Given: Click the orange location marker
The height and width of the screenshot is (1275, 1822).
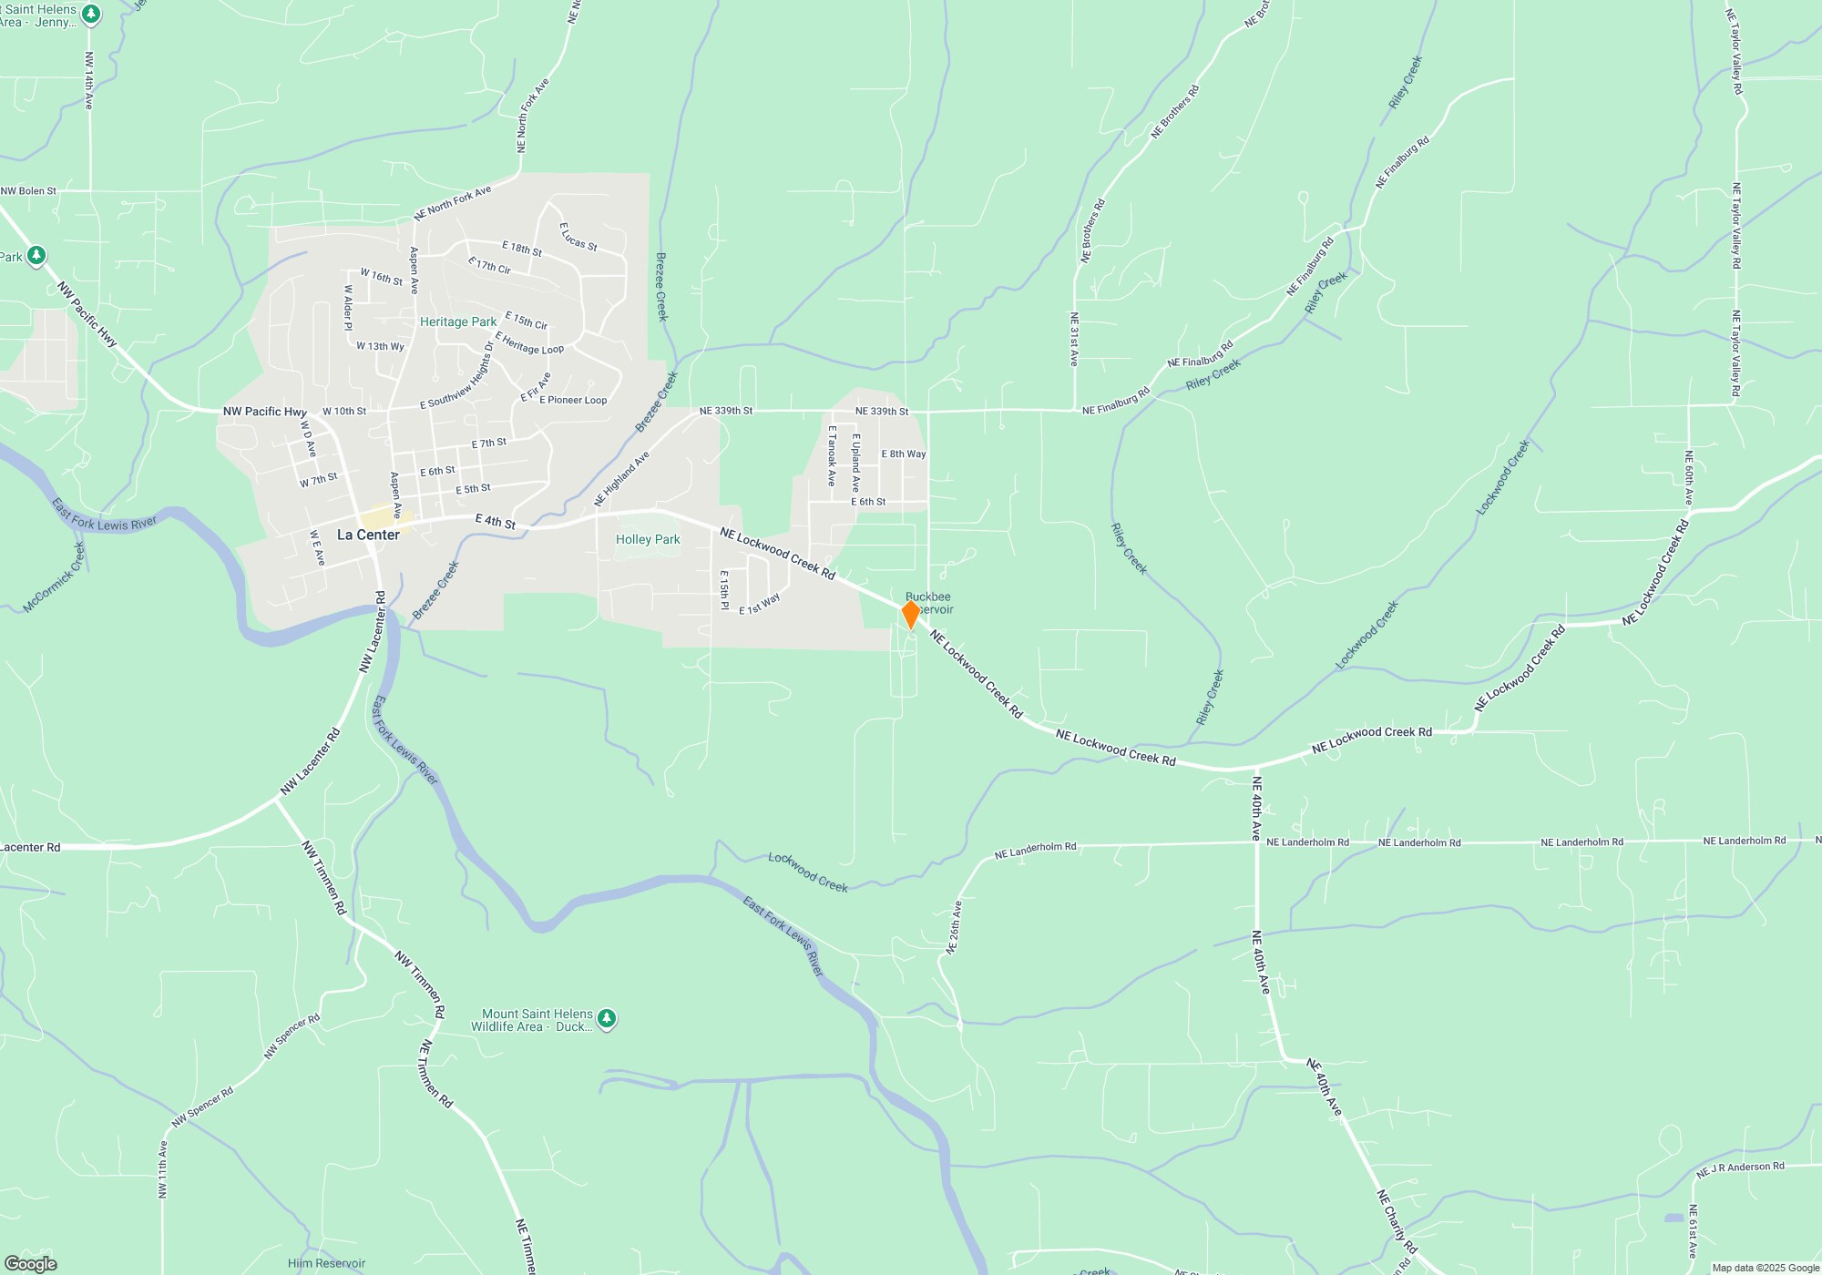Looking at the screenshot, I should coord(910,614).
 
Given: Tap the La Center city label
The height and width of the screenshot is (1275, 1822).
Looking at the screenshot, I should coord(368,535).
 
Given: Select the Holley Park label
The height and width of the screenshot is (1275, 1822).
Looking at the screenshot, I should coord(648,539).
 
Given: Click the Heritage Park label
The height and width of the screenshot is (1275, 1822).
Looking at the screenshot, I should coord(458,321).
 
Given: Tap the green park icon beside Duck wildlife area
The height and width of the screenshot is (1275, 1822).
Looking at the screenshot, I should coord(607,1019).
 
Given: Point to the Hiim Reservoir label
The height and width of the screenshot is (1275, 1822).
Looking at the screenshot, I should coord(326,1263).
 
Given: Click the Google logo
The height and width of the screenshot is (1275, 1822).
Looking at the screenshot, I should coord(30,1263).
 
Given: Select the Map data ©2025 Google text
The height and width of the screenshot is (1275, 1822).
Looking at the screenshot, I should coord(1765,1268).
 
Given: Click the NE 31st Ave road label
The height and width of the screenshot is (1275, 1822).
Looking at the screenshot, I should coord(1074,339).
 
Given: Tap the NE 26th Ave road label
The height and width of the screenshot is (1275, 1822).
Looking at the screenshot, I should coord(954,927).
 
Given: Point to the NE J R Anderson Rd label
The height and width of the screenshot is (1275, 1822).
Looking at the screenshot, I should coord(1740,1169).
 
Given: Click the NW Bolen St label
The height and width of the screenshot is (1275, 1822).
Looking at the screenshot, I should coord(28,191).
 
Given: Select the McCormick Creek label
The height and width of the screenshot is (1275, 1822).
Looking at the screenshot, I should coord(53,577).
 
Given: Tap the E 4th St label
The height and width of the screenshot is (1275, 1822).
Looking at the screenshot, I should coord(496,522).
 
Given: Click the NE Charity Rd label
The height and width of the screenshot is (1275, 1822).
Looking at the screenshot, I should coord(1397,1220).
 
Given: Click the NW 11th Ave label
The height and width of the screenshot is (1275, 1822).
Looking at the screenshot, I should coord(163,1169).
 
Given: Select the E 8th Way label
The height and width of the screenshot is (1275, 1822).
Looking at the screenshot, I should coord(903,454).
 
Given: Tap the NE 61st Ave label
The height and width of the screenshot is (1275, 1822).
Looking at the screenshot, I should coord(1693,1231).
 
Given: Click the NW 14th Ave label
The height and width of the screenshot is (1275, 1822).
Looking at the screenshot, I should coord(89,80).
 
